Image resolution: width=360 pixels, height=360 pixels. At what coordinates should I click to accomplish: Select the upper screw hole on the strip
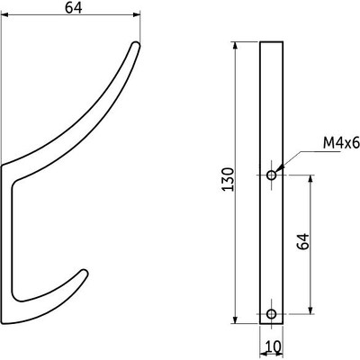coord(271,174)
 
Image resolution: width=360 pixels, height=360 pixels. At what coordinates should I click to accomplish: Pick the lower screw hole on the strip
coord(271,313)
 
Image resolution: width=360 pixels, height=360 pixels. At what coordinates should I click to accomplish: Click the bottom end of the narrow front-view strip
coord(271,323)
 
